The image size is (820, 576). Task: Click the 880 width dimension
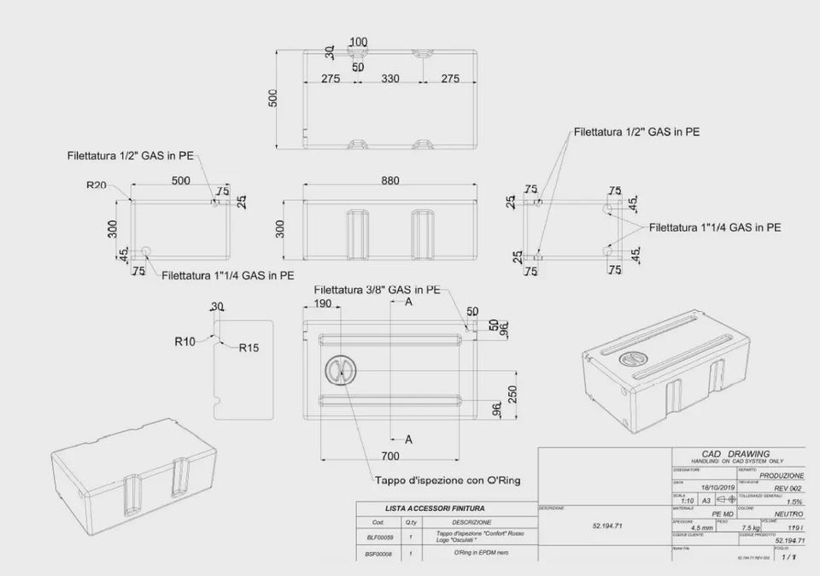(391, 180)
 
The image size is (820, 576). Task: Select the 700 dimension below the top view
(391, 456)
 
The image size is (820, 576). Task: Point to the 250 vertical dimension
(512, 395)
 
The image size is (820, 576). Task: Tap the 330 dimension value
(389, 79)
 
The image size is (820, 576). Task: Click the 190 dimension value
(323, 303)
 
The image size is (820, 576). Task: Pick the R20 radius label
(97, 185)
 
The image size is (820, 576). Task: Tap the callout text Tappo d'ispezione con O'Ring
(447, 480)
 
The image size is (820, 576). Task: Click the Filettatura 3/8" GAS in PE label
(377, 290)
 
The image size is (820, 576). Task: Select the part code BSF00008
(379, 555)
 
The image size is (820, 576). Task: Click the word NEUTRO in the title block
(788, 514)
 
